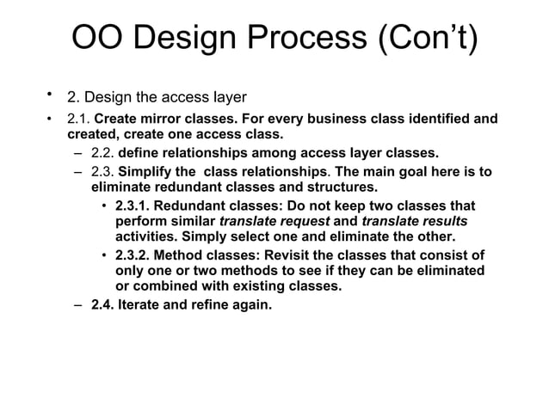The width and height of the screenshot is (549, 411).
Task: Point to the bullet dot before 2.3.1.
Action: pos(104,207)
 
